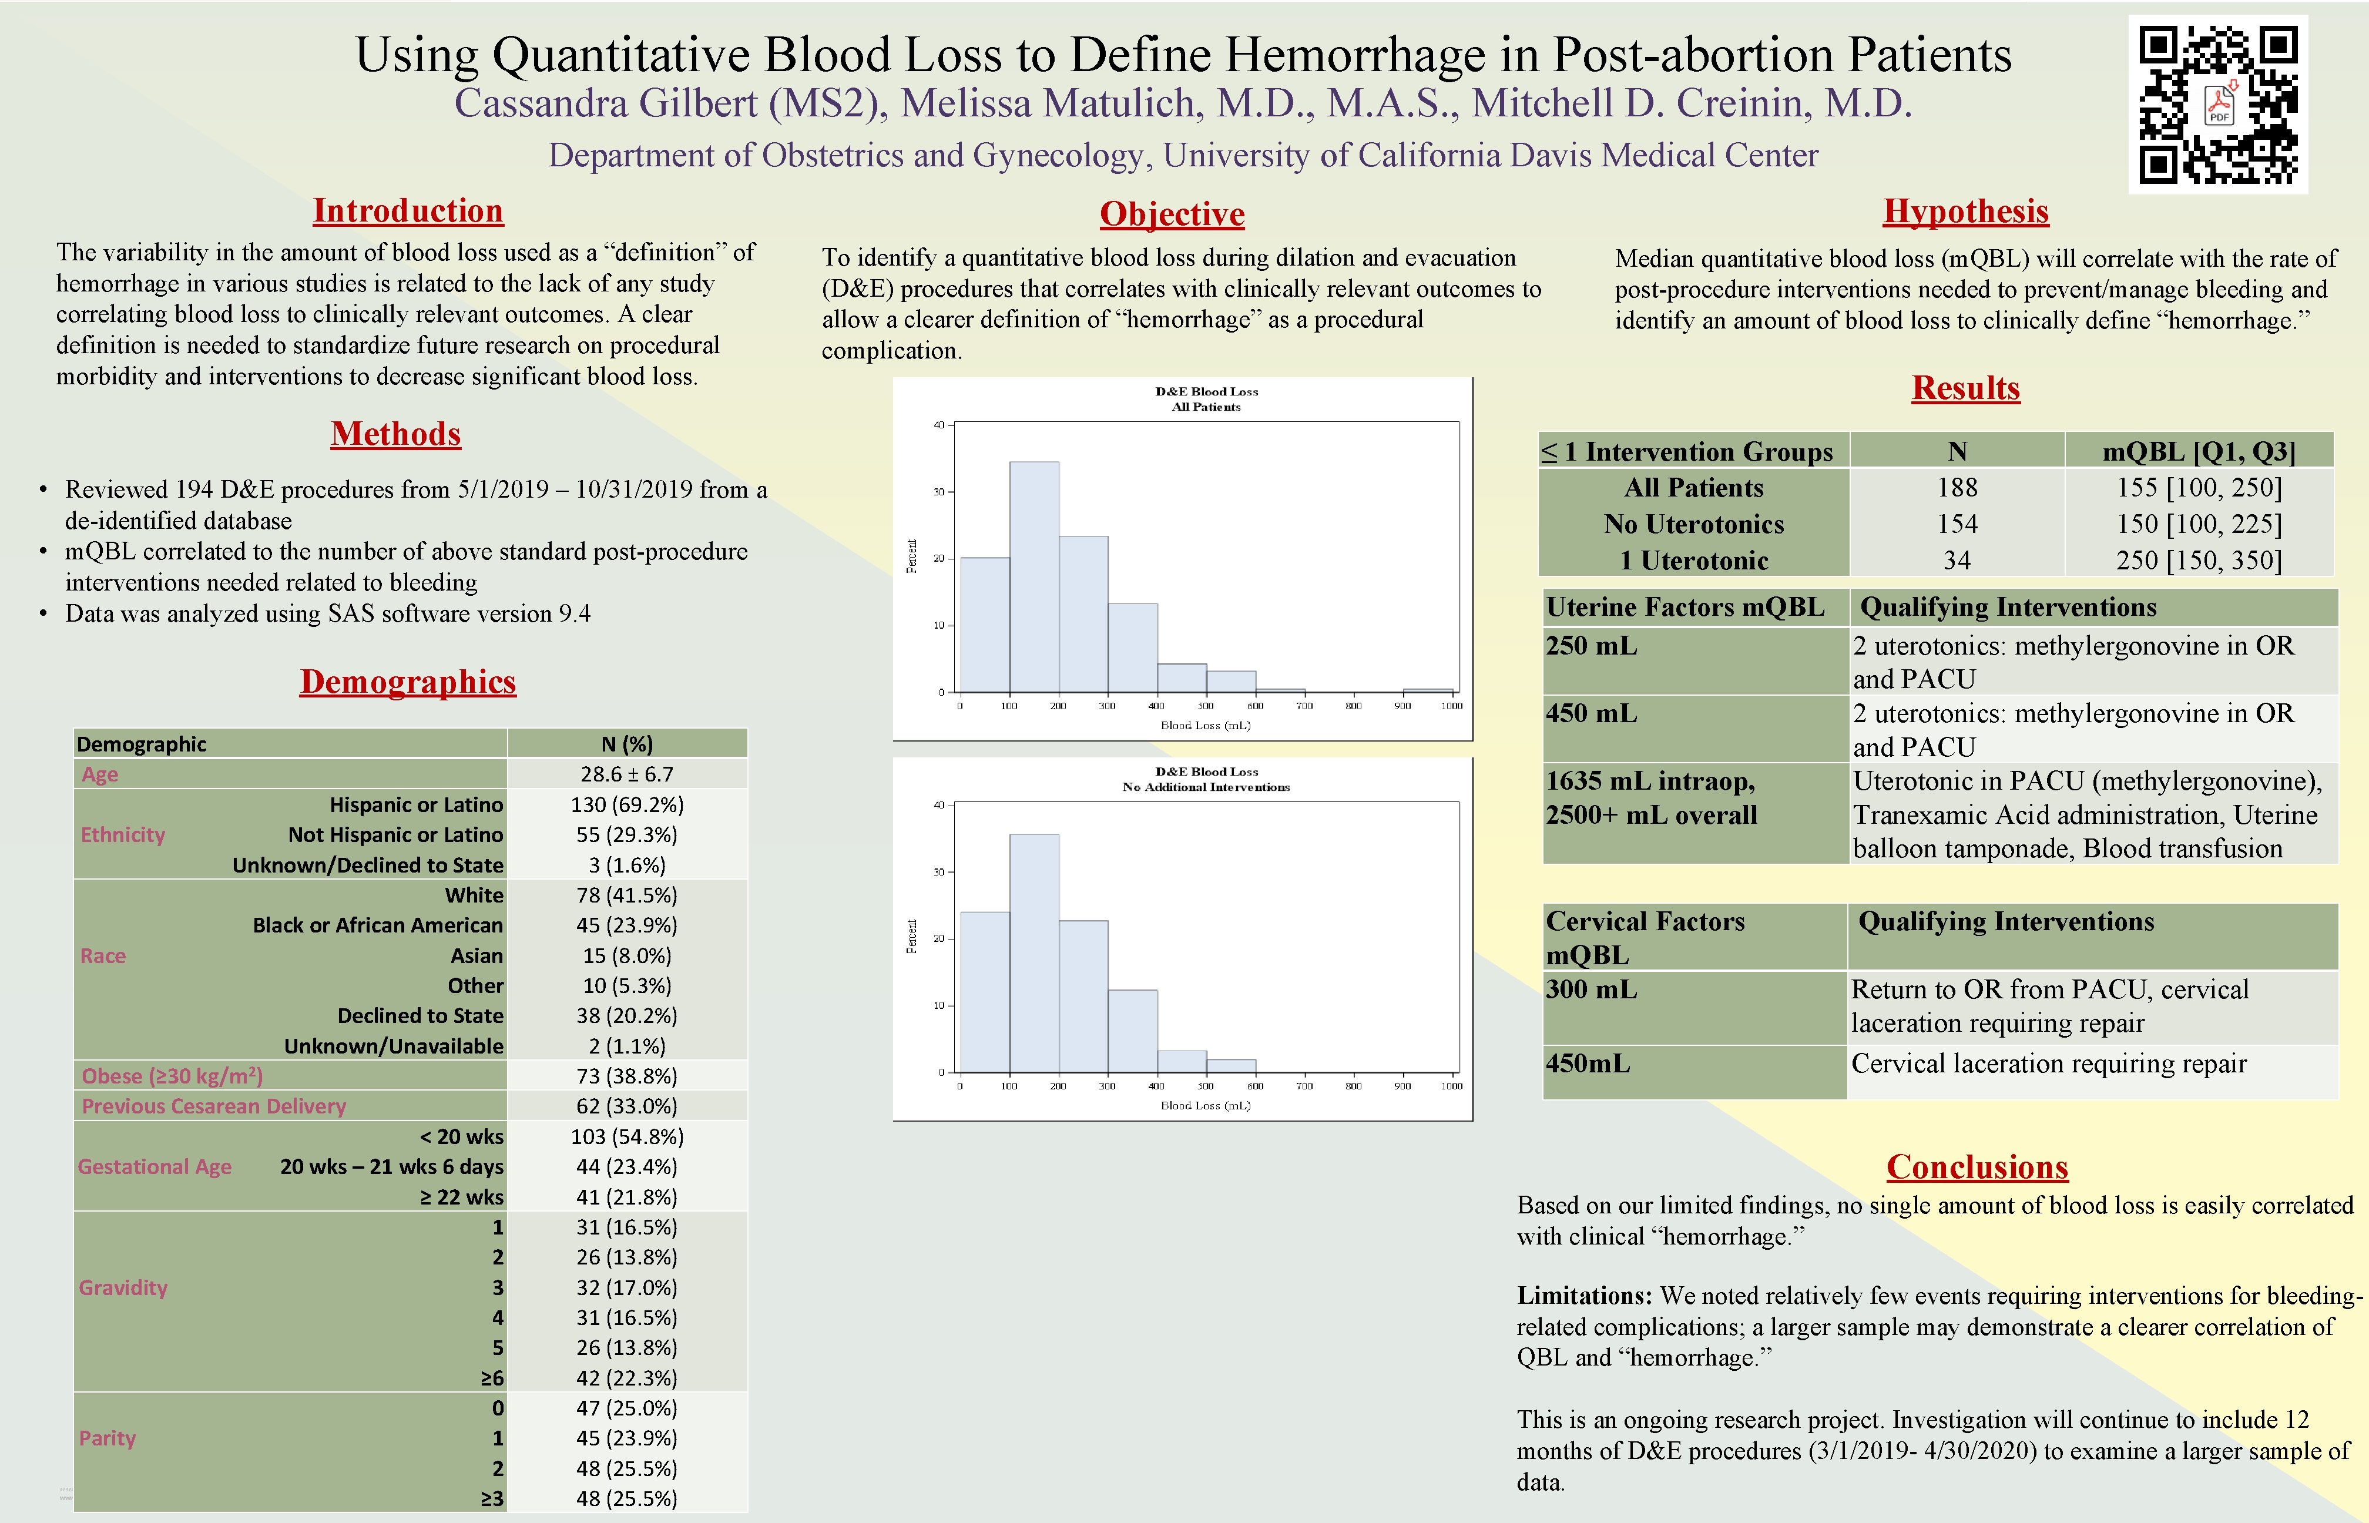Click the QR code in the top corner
tap(2218, 105)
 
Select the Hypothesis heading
tap(1965, 211)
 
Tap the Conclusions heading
tap(1977, 1167)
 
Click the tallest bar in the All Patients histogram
tap(1034, 576)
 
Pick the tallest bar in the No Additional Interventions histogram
tap(1034, 952)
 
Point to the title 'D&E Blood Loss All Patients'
tap(1206, 398)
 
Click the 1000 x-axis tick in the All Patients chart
tap(1451, 706)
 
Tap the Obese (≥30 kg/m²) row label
tap(172, 1076)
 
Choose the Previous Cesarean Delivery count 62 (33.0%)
tap(627, 1106)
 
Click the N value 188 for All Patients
tap(1957, 488)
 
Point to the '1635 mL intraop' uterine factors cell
tap(1650, 781)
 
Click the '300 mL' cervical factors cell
tap(1591, 989)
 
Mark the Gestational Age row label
tap(155, 1167)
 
